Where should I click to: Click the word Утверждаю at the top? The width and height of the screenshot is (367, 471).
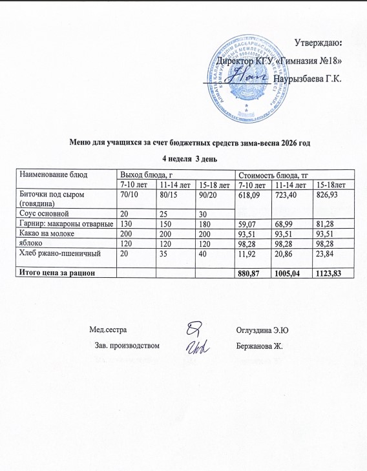pyautogui.click(x=318, y=43)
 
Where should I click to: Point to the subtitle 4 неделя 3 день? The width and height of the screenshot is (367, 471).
pyautogui.click(x=183, y=158)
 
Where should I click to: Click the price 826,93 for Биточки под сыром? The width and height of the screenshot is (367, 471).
pyautogui.click(x=326, y=195)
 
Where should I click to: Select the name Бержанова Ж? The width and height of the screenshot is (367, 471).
pyautogui.click(x=261, y=346)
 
